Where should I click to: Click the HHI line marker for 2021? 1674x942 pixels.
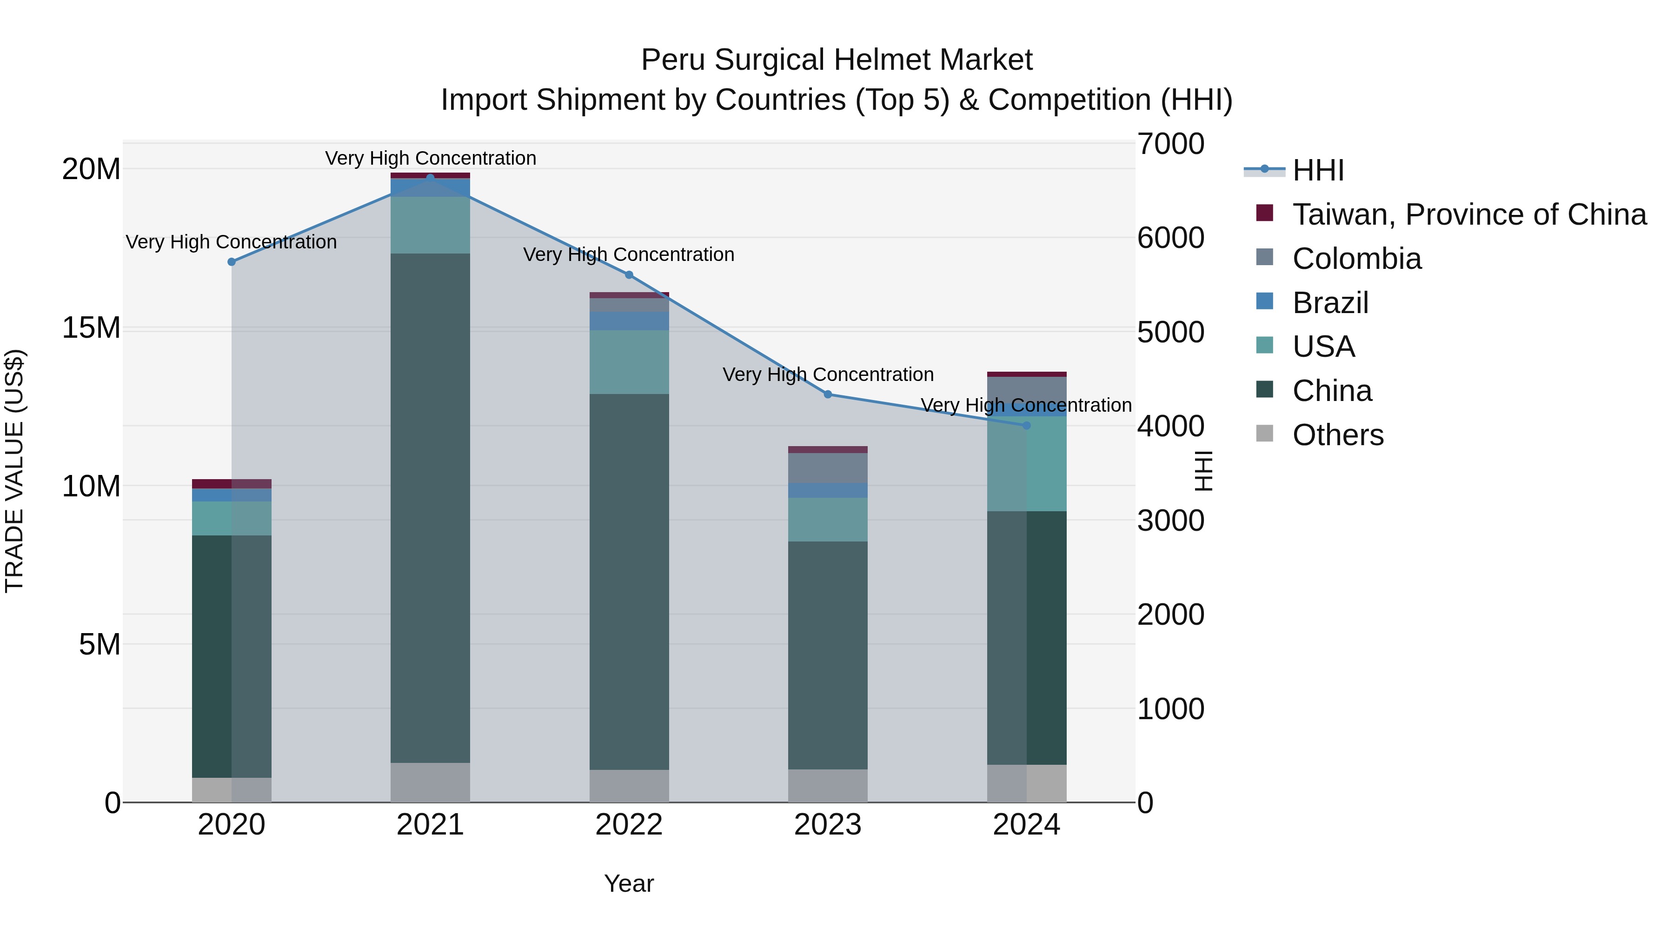430,178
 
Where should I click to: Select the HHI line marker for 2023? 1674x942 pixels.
827,394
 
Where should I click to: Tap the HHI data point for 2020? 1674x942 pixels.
232,262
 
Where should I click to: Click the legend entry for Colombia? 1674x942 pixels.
1356,259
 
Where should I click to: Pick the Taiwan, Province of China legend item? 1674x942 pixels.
1468,214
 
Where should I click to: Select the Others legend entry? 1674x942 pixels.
1337,435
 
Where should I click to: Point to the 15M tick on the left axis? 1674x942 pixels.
91,327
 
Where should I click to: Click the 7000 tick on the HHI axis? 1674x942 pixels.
1170,144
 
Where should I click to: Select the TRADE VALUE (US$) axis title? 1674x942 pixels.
14,471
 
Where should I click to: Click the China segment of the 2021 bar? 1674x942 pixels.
430,507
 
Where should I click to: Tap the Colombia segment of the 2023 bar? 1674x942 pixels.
827,468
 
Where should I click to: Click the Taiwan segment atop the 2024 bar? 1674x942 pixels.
1026,374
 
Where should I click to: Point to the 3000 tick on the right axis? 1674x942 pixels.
1170,521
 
